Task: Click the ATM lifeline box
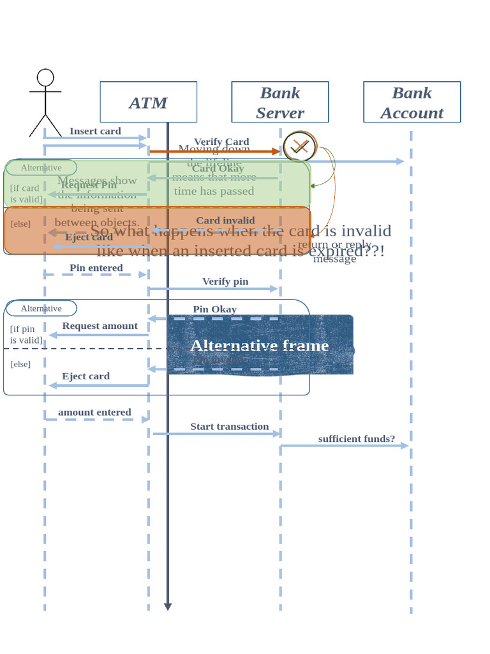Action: pos(148,102)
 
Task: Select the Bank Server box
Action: pos(279,102)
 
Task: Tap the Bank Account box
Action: pos(412,102)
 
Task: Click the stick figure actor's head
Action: pos(45,78)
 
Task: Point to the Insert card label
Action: pos(95,131)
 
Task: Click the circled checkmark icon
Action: pos(299,147)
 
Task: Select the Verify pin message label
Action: pos(225,281)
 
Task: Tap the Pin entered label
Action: pos(96,268)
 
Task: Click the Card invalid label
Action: pos(225,220)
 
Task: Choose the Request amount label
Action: pos(100,326)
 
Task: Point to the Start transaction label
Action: pos(230,426)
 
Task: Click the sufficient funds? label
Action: pos(357,438)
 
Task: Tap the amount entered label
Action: pos(94,412)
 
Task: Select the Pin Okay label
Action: pos(214,309)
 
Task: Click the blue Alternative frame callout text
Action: pos(260,346)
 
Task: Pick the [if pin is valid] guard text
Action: pos(26,335)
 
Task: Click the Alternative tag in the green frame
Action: pos(41,167)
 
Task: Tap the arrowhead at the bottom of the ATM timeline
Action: pos(168,606)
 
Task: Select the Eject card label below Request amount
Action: pos(85,376)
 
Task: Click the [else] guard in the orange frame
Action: pos(20,224)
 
